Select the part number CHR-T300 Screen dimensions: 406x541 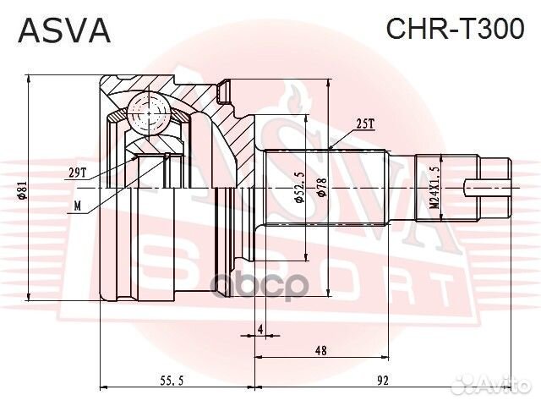(x=455, y=30)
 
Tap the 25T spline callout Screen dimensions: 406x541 (x=365, y=123)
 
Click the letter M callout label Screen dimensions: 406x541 (x=78, y=205)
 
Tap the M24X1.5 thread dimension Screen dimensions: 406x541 (x=433, y=189)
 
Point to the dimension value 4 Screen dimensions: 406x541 (x=260, y=328)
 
